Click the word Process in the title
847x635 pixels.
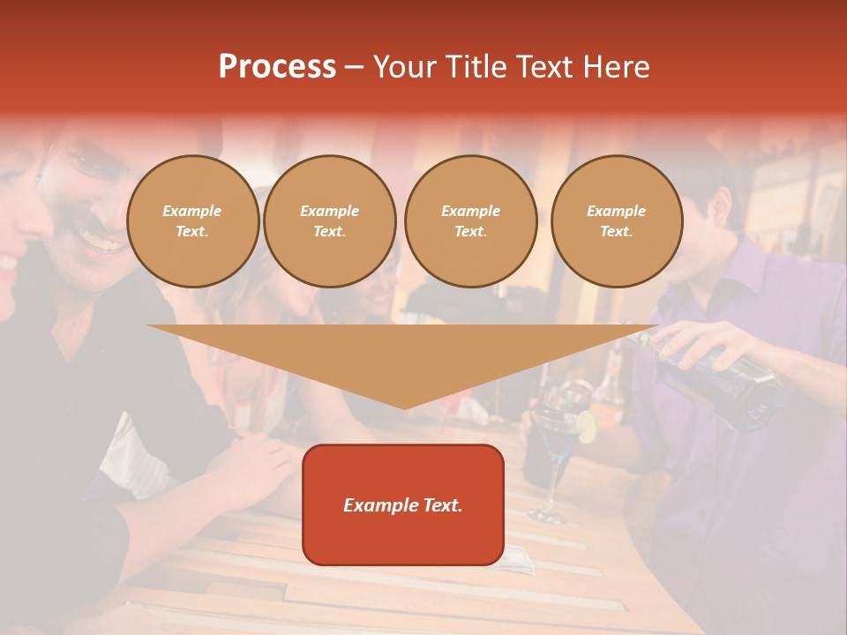click(277, 67)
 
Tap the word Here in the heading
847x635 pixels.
click(617, 67)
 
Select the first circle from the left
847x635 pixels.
click(192, 221)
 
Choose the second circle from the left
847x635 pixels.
click(329, 221)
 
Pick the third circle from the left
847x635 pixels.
click(470, 221)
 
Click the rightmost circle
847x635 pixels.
click(616, 221)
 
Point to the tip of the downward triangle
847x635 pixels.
click(404, 407)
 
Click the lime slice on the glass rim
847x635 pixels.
click(586, 427)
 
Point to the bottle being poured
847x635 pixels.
click(723, 379)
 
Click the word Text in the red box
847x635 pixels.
click(442, 505)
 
